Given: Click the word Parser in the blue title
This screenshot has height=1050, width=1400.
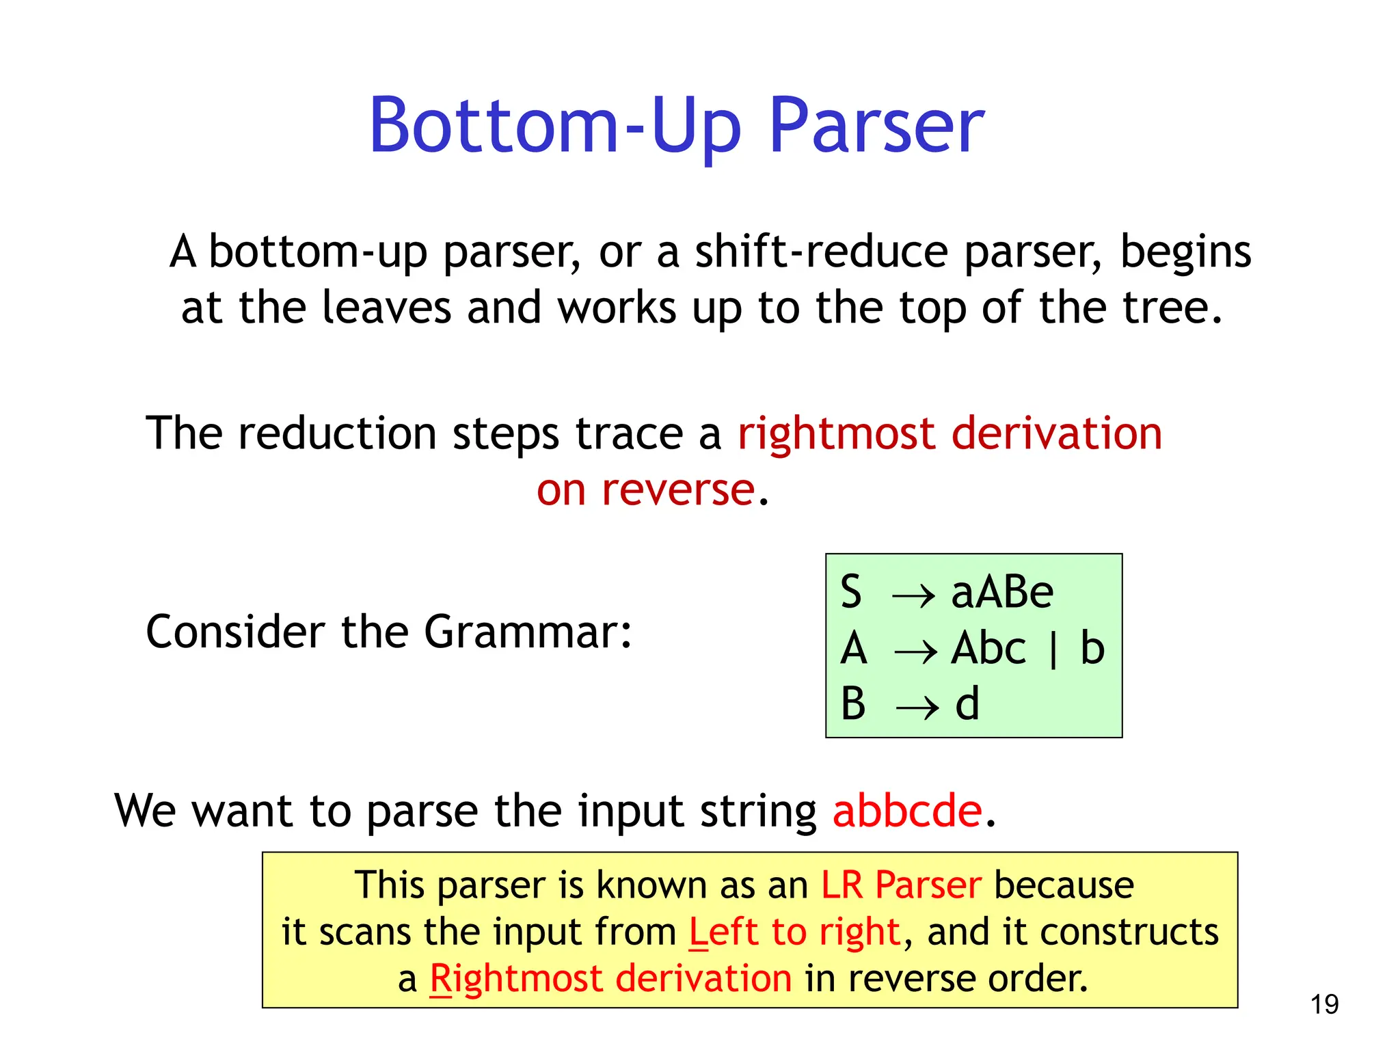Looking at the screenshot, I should (x=876, y=126).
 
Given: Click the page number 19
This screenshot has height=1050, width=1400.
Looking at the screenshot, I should (x=1324, y=1005).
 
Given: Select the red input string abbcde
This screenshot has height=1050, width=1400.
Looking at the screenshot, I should (x=907, y=811).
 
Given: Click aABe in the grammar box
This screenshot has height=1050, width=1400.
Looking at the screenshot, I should (x=1002, y=592).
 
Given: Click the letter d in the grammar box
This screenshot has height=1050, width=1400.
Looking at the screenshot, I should (x=967, y=704).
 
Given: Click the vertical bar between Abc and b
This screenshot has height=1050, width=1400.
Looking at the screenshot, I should (x=1053, y=649).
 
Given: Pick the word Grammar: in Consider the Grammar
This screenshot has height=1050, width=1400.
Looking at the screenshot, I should (x=528, y=632).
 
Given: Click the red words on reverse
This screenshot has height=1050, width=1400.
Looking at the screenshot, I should (x=645, y=490).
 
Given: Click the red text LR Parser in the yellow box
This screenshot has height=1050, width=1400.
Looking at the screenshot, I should (x=901, y=885).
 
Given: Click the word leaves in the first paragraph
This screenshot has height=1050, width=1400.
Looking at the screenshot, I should (x=386, y=308).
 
